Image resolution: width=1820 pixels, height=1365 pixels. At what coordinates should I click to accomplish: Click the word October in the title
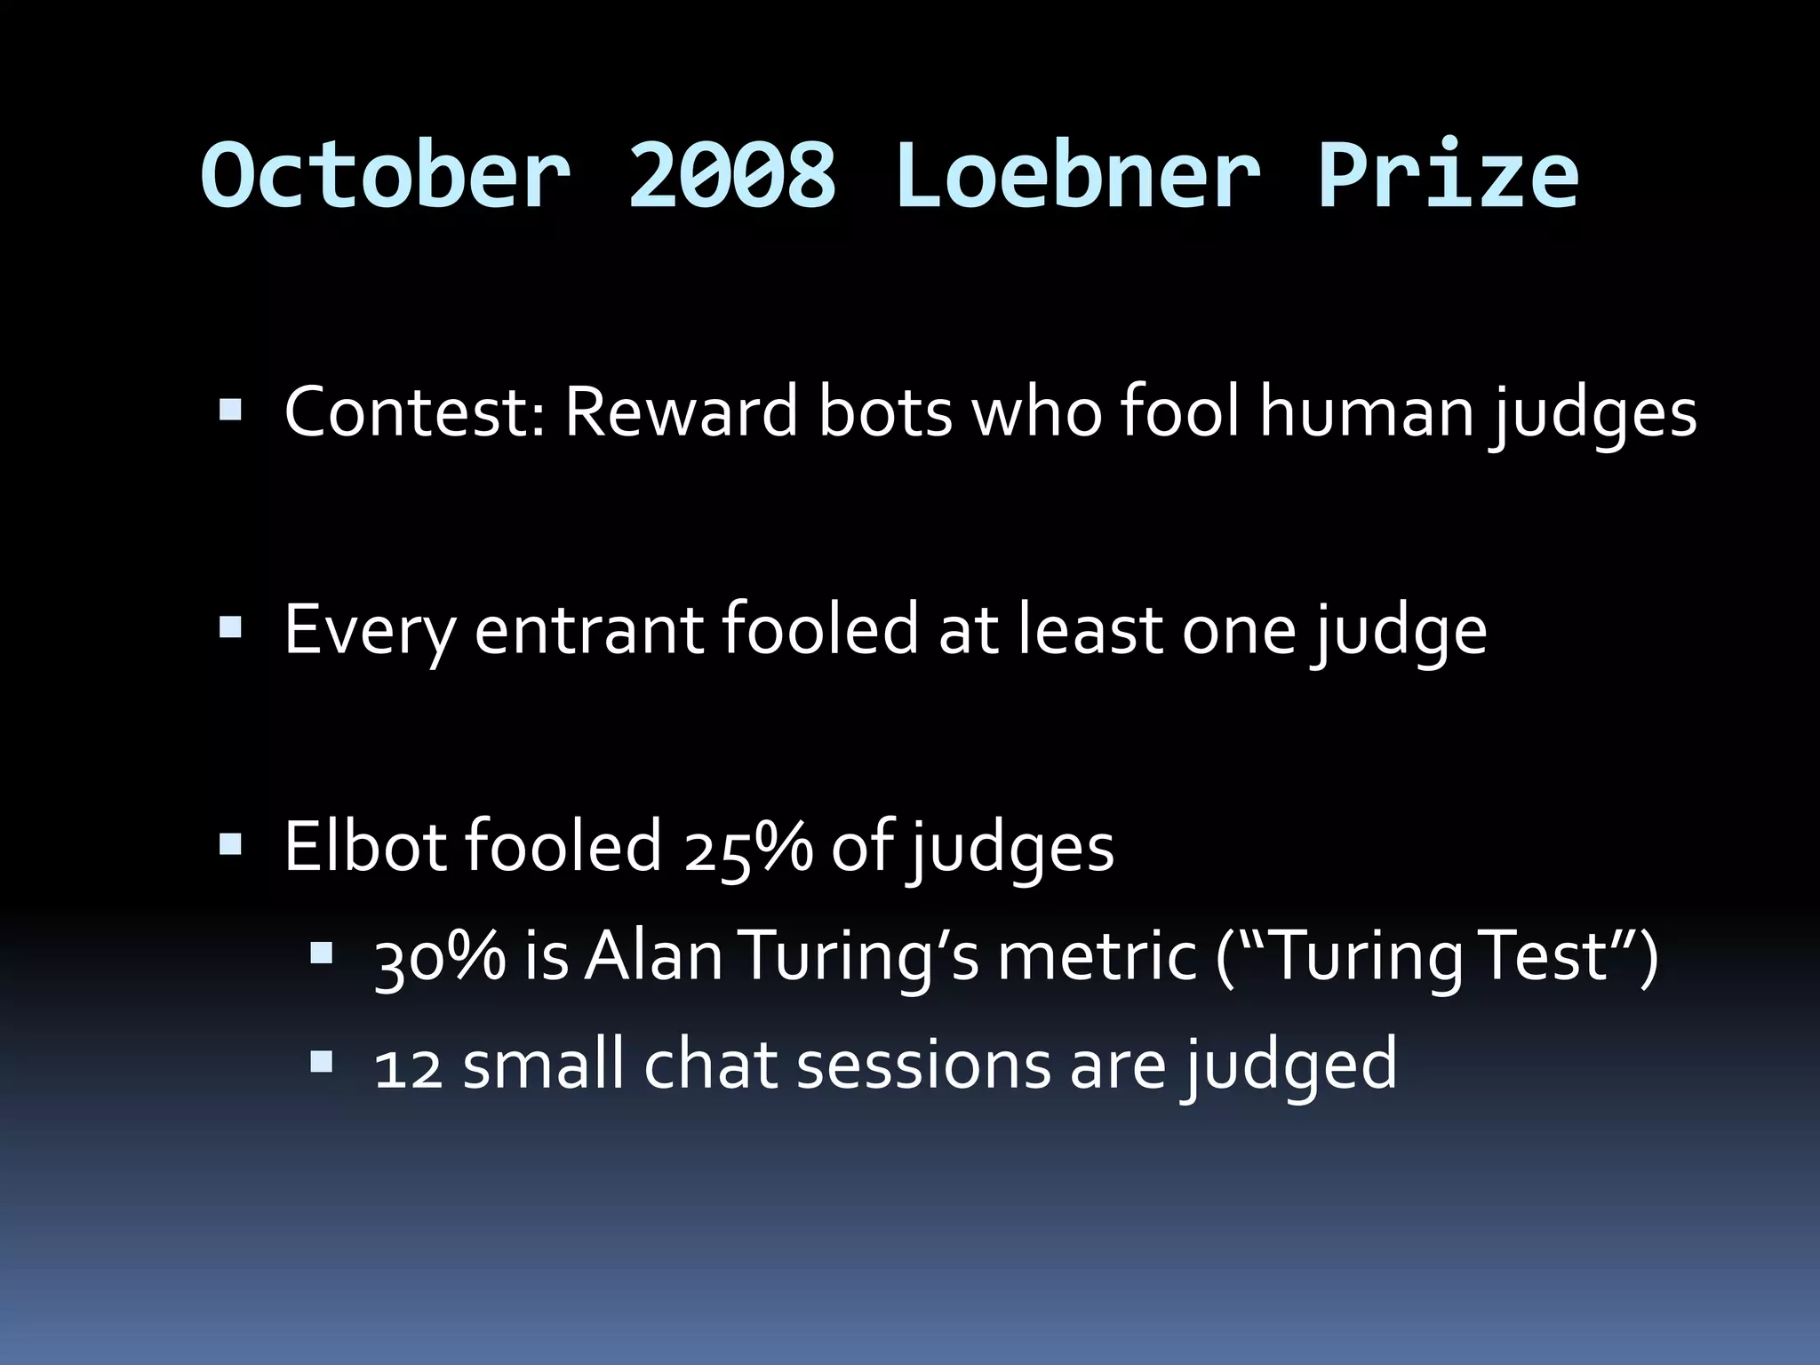point(386,175)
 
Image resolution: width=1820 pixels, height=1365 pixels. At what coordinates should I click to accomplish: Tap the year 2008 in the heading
point(732,175)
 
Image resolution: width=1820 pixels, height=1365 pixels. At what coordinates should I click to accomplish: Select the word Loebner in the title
point(1077,175)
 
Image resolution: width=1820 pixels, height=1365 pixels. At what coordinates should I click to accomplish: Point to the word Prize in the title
point(1449,175)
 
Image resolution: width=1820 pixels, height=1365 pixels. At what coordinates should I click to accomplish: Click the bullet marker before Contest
point(230,411)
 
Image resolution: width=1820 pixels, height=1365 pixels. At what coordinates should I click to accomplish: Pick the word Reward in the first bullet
point(681,412)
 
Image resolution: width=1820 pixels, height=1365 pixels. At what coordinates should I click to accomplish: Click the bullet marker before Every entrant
point(230,628)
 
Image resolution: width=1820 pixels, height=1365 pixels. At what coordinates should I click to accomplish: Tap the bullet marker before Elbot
point(230,844)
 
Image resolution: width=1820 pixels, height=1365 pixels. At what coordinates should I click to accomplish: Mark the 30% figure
point(439,958)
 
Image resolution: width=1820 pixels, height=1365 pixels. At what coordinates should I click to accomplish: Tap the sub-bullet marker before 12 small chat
point(321,1061)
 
